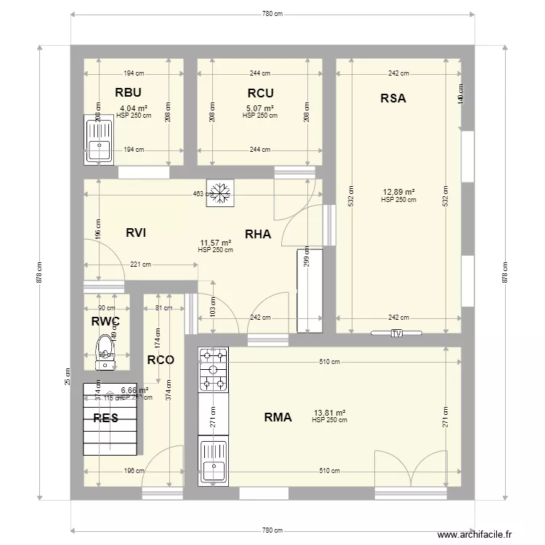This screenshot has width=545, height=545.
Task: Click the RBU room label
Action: (x=128, y=92)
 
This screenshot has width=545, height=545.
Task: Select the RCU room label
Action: (x=259, y=92)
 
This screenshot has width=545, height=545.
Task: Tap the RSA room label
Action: (x=393, y=98)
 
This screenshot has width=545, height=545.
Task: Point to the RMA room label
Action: (x=278, y=417)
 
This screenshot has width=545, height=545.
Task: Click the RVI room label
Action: (x=136, y=233)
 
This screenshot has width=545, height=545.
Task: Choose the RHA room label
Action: (x=258, y=233)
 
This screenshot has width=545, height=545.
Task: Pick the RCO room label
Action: (x=161, y=359)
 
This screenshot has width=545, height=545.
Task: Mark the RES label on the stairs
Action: (x=105, y=418)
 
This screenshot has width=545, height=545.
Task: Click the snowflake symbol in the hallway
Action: (x=218, y=193)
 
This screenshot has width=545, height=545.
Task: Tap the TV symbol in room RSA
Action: (x=396, y=334)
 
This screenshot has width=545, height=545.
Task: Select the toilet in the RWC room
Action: (x=106, y=347)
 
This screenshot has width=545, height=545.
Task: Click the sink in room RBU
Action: (x=98, y=141)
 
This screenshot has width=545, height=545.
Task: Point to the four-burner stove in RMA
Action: (x=214, y=370)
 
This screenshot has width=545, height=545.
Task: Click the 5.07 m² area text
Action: (x=259, y=109)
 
